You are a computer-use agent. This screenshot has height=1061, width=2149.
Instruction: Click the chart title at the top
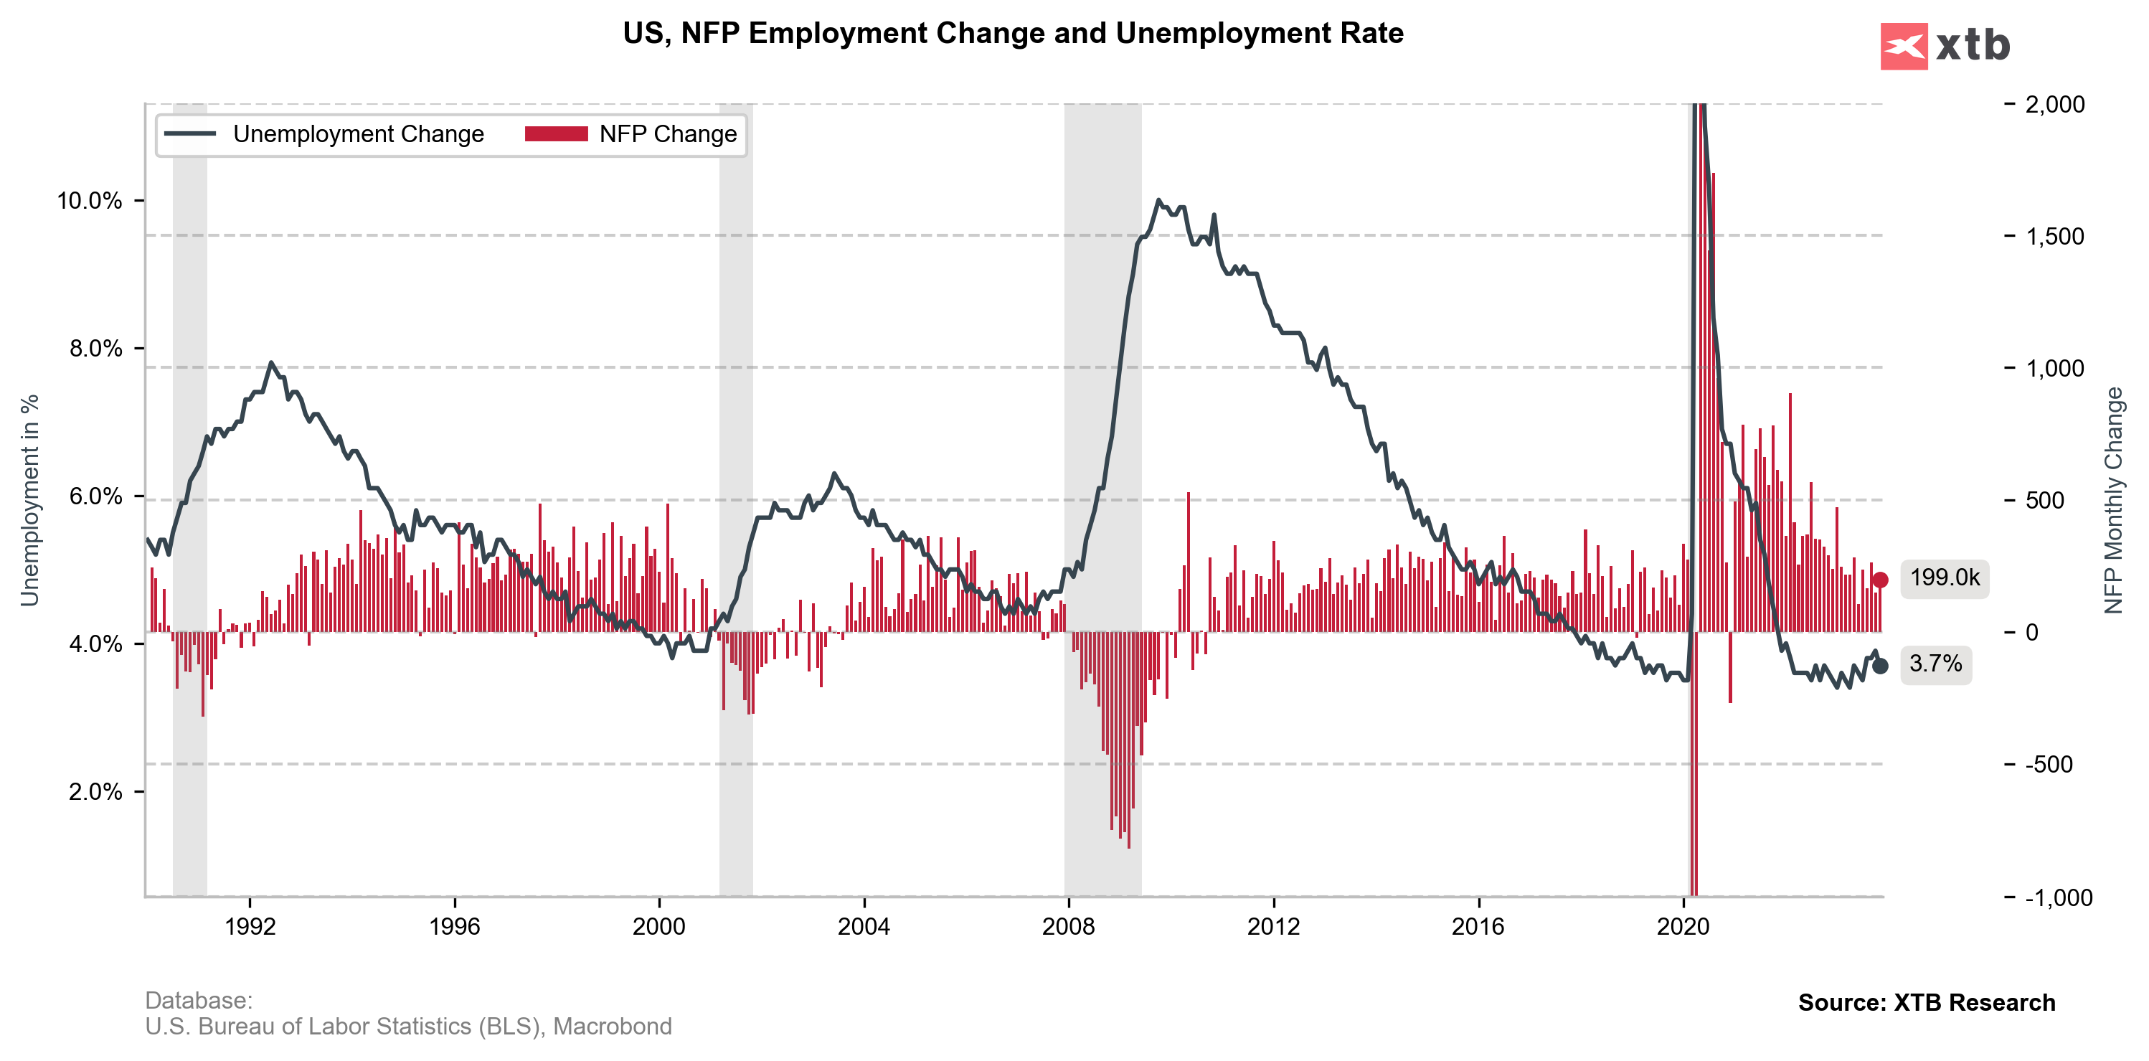coord(1013,34)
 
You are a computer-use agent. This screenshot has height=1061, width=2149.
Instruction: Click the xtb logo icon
coord(1904,46)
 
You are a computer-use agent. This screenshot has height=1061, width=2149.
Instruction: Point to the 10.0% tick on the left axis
coord(89,201)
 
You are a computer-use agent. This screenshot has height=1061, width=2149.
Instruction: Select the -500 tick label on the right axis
coord(2049,765)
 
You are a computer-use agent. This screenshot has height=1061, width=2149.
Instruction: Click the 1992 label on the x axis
coord(250,926)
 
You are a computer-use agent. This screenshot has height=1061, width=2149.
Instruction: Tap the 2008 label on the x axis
coord(1068,926)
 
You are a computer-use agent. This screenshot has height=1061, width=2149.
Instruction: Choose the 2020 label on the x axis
coord(1683,926)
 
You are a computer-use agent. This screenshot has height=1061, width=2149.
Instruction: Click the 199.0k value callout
coord(1944,578)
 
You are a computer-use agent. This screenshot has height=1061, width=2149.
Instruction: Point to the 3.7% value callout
coord(1935,664)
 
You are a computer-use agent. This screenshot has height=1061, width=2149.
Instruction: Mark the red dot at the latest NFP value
coord(1879,580)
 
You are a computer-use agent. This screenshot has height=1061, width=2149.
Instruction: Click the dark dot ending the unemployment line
coord(1879,666)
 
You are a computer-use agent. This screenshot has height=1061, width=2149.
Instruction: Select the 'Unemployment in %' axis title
coord(30,501)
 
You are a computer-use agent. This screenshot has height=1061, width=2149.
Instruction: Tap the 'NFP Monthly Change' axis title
coord(2112,501)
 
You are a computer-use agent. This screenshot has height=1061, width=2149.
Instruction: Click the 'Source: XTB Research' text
coord(1926,1003)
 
